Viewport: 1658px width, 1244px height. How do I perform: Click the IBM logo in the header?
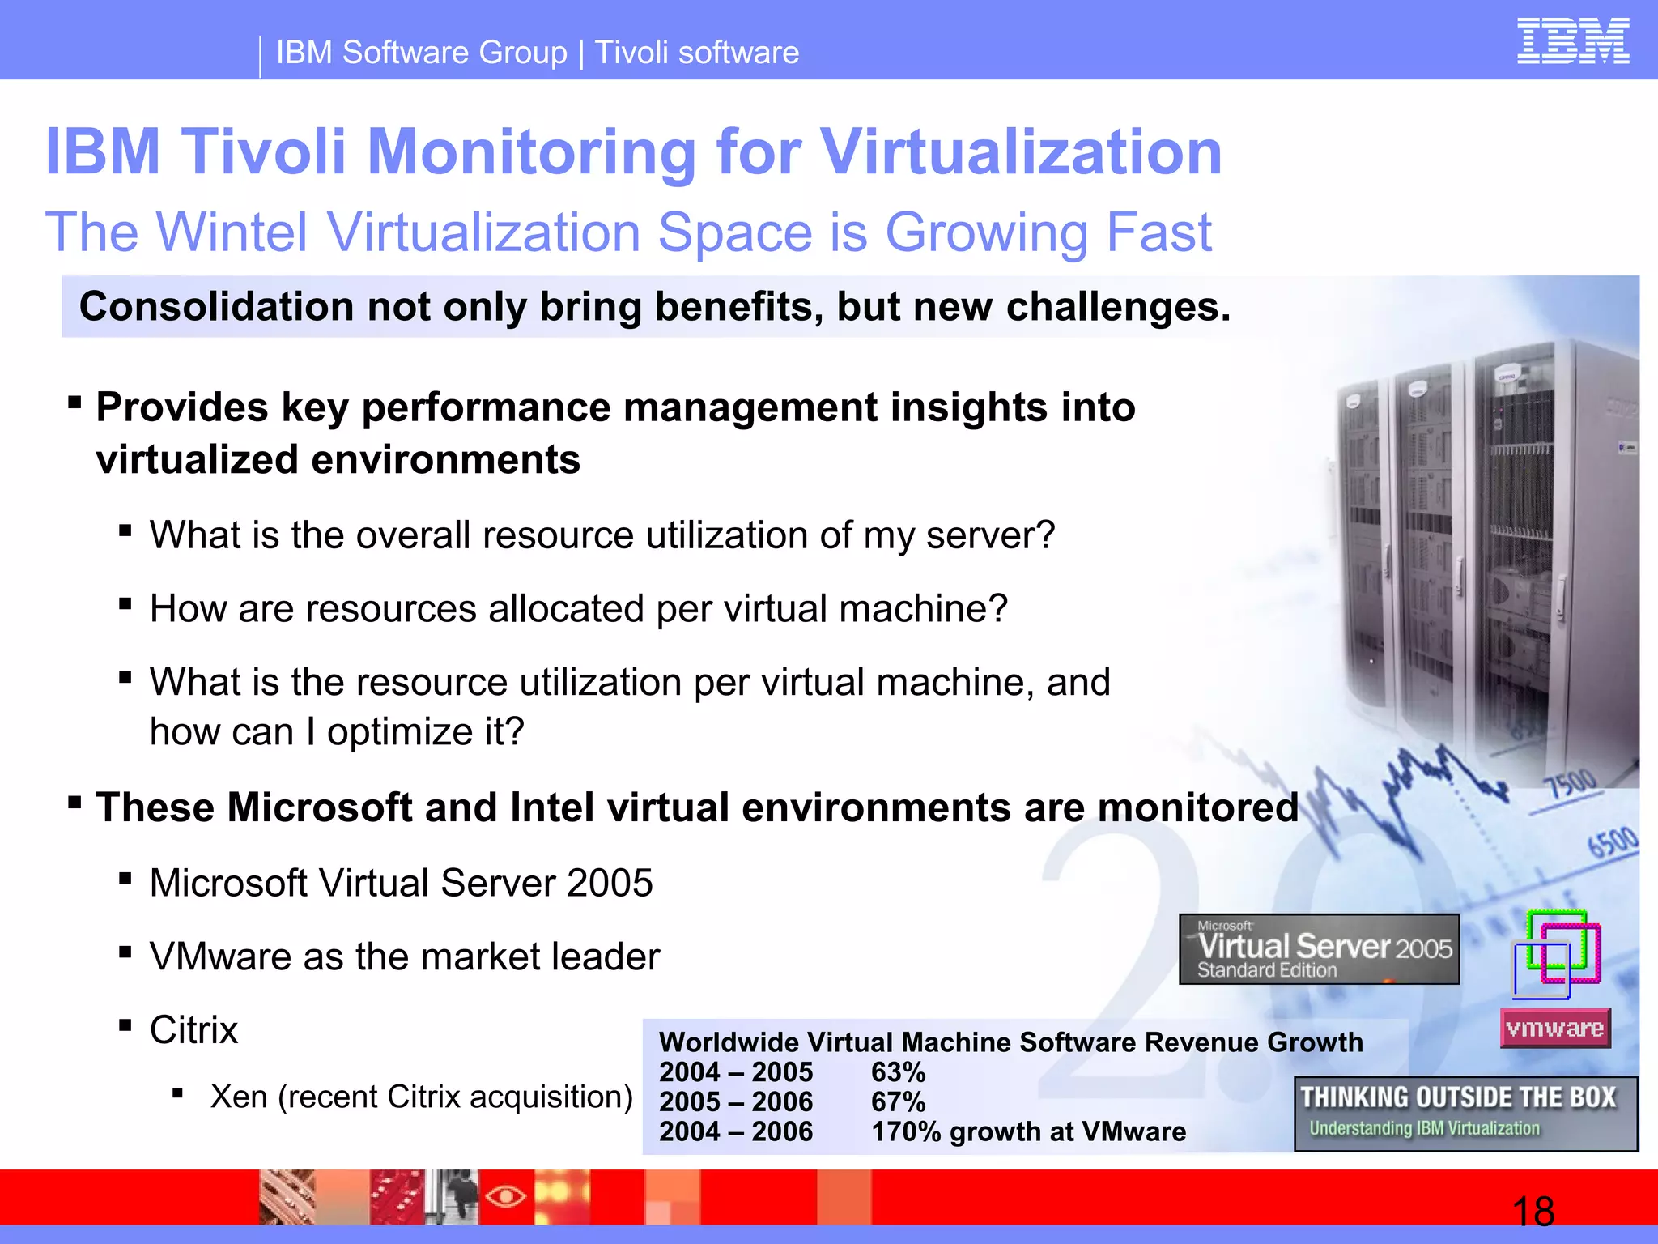pos(1572,41)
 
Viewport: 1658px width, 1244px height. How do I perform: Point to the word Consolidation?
pos(216,307)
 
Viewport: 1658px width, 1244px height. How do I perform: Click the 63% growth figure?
pos(898,1072)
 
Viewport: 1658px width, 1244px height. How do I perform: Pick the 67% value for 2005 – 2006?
pos(898,1102)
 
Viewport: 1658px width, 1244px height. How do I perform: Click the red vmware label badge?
pos(1554,1029)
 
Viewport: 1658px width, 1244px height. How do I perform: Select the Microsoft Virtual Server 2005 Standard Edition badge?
pos(1319,949)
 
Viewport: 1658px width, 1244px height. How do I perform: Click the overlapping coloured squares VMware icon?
pos(1556,954)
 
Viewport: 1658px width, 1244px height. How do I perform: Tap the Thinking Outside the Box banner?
pos(1465,1114)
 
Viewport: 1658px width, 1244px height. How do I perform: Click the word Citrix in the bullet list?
pos(193,1030)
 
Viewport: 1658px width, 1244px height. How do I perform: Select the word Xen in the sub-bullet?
pos(239,1097)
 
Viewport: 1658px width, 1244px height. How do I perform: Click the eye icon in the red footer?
pos(505,1196)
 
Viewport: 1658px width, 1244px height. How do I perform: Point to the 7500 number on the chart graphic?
pos(1571,784)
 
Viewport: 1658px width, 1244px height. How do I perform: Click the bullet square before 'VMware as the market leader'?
pos(125,952)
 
